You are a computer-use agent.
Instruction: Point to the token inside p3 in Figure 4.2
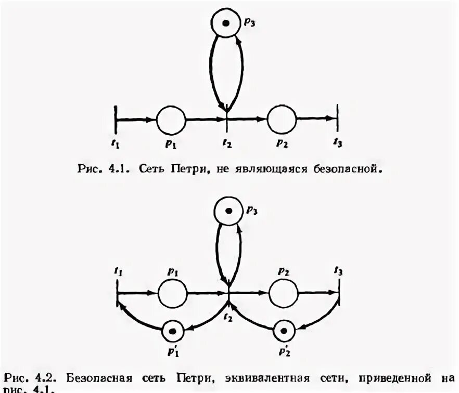(x=229, y=211)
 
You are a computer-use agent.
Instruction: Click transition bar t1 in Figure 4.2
(x=118, y=292)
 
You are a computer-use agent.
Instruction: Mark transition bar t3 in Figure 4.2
(x=339, y=292)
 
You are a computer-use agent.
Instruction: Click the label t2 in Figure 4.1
(x=227, y=143)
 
